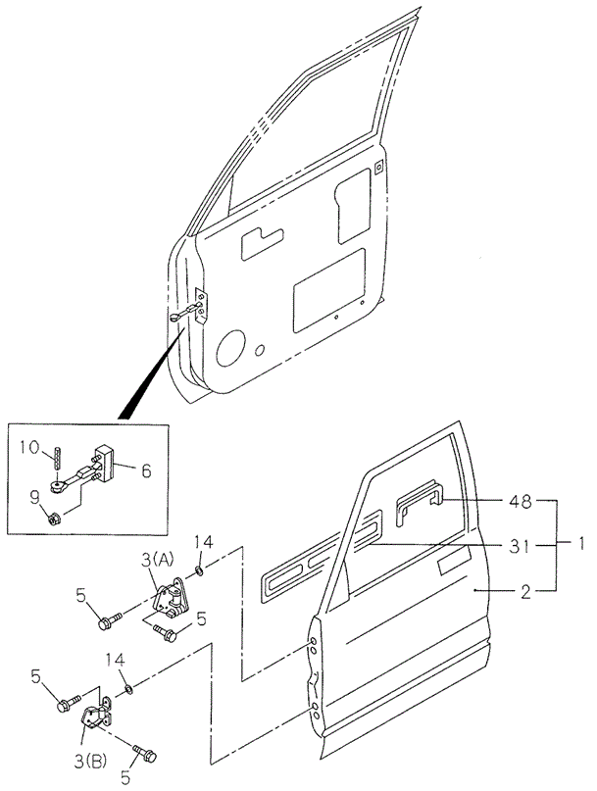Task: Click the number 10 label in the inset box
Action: (29, 448)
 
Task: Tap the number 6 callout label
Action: (145, 470)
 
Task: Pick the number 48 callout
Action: (521, 502)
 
